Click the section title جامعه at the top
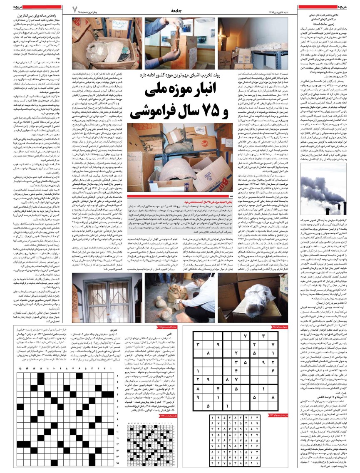179,8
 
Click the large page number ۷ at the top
75,9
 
